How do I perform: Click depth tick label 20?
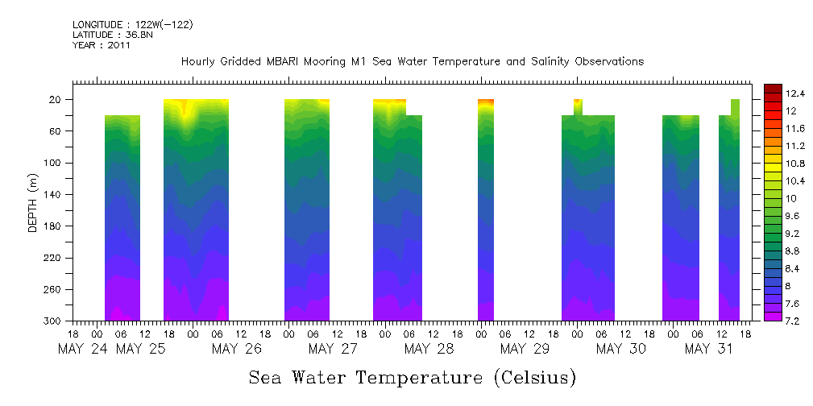tap(56, 100)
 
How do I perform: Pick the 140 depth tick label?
tap(52, 195)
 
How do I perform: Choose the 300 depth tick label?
tap(52, 321)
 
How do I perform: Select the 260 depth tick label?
tap(52, 289)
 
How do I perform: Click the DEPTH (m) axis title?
tap(33, 202)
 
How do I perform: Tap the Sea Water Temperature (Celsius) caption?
tap(412, 377)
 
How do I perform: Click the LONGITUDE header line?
tap(132, 25)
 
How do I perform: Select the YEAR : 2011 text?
tap(101, 46)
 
